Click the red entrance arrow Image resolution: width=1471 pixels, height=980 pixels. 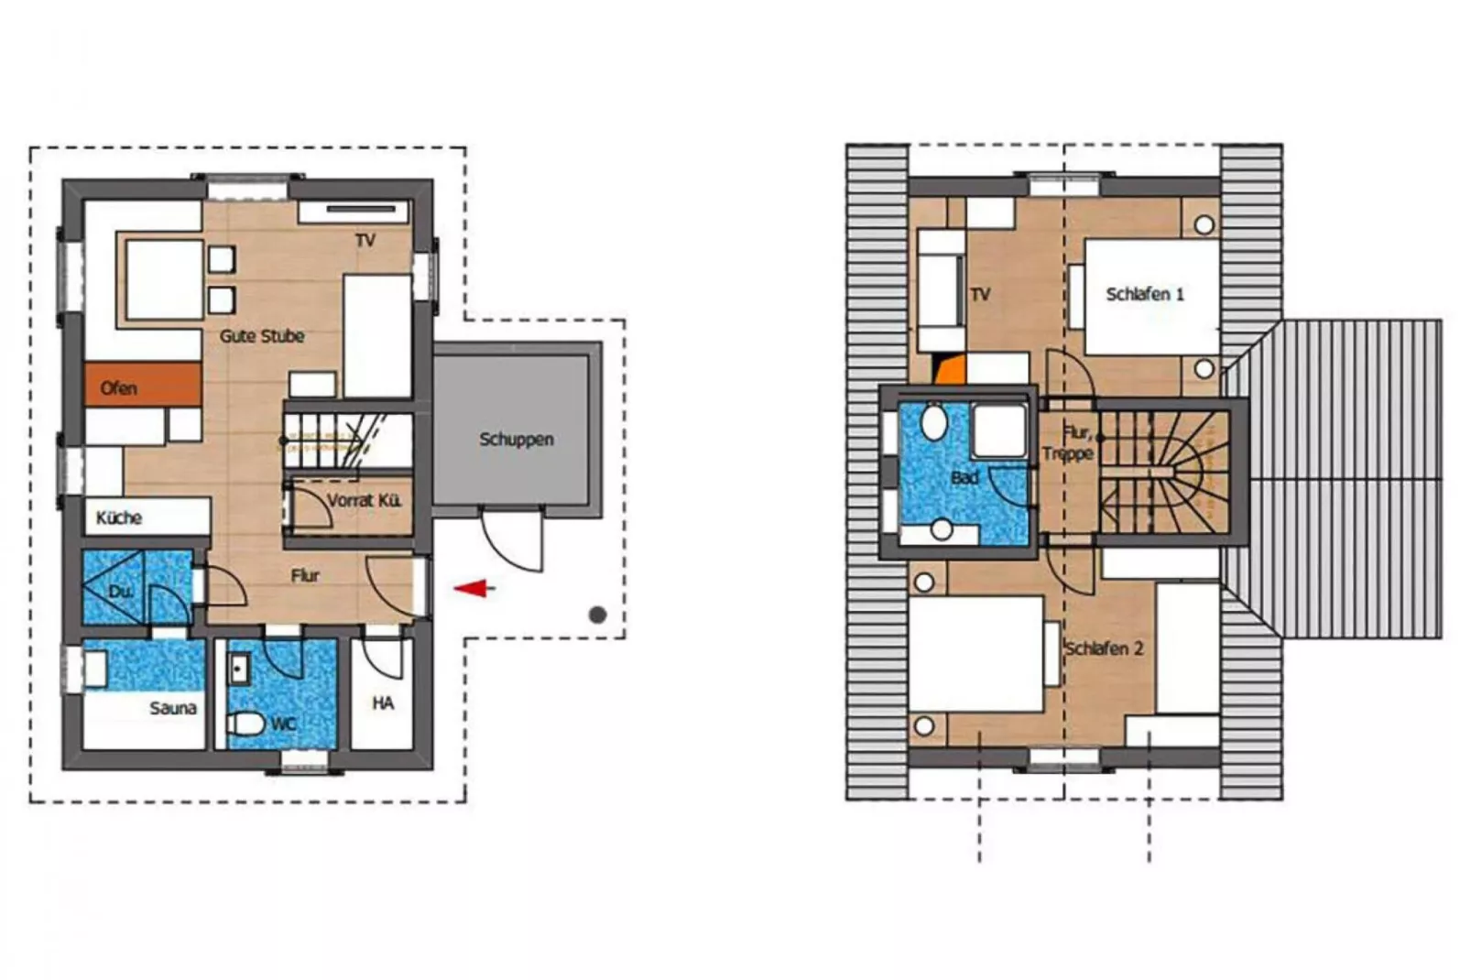click(x=474, y=588)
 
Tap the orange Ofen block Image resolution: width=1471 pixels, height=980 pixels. click(x=143, y=385)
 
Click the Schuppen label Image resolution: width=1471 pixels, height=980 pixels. click(x=516, y=439)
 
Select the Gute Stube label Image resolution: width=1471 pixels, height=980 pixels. click(x=262, y=336)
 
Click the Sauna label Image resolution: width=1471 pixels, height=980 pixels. click(x=172, y=708)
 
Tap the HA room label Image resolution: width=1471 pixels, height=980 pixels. click(x=383, y=702)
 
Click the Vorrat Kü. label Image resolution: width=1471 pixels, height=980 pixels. click(x=364, y=500)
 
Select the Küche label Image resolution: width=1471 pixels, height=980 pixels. click(x=119, y=517)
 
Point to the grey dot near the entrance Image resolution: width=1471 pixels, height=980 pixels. click(x=597, y=615)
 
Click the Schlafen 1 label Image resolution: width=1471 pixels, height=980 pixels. click(x=1144, y=294)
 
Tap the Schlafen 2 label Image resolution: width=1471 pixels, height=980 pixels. click(x=1104, y=648)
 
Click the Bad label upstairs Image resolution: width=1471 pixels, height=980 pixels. click(x=964, y=477)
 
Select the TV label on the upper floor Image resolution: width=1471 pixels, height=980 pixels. click(x=979, y=294)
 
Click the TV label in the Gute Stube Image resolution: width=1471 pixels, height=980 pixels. click(x=365, y=240)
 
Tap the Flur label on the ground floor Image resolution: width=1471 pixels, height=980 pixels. click(x=305, y=575)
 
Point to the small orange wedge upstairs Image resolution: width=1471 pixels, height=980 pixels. click(x=950, y=369)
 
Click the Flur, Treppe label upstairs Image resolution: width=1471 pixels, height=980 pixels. click(x=1068, y=442)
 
